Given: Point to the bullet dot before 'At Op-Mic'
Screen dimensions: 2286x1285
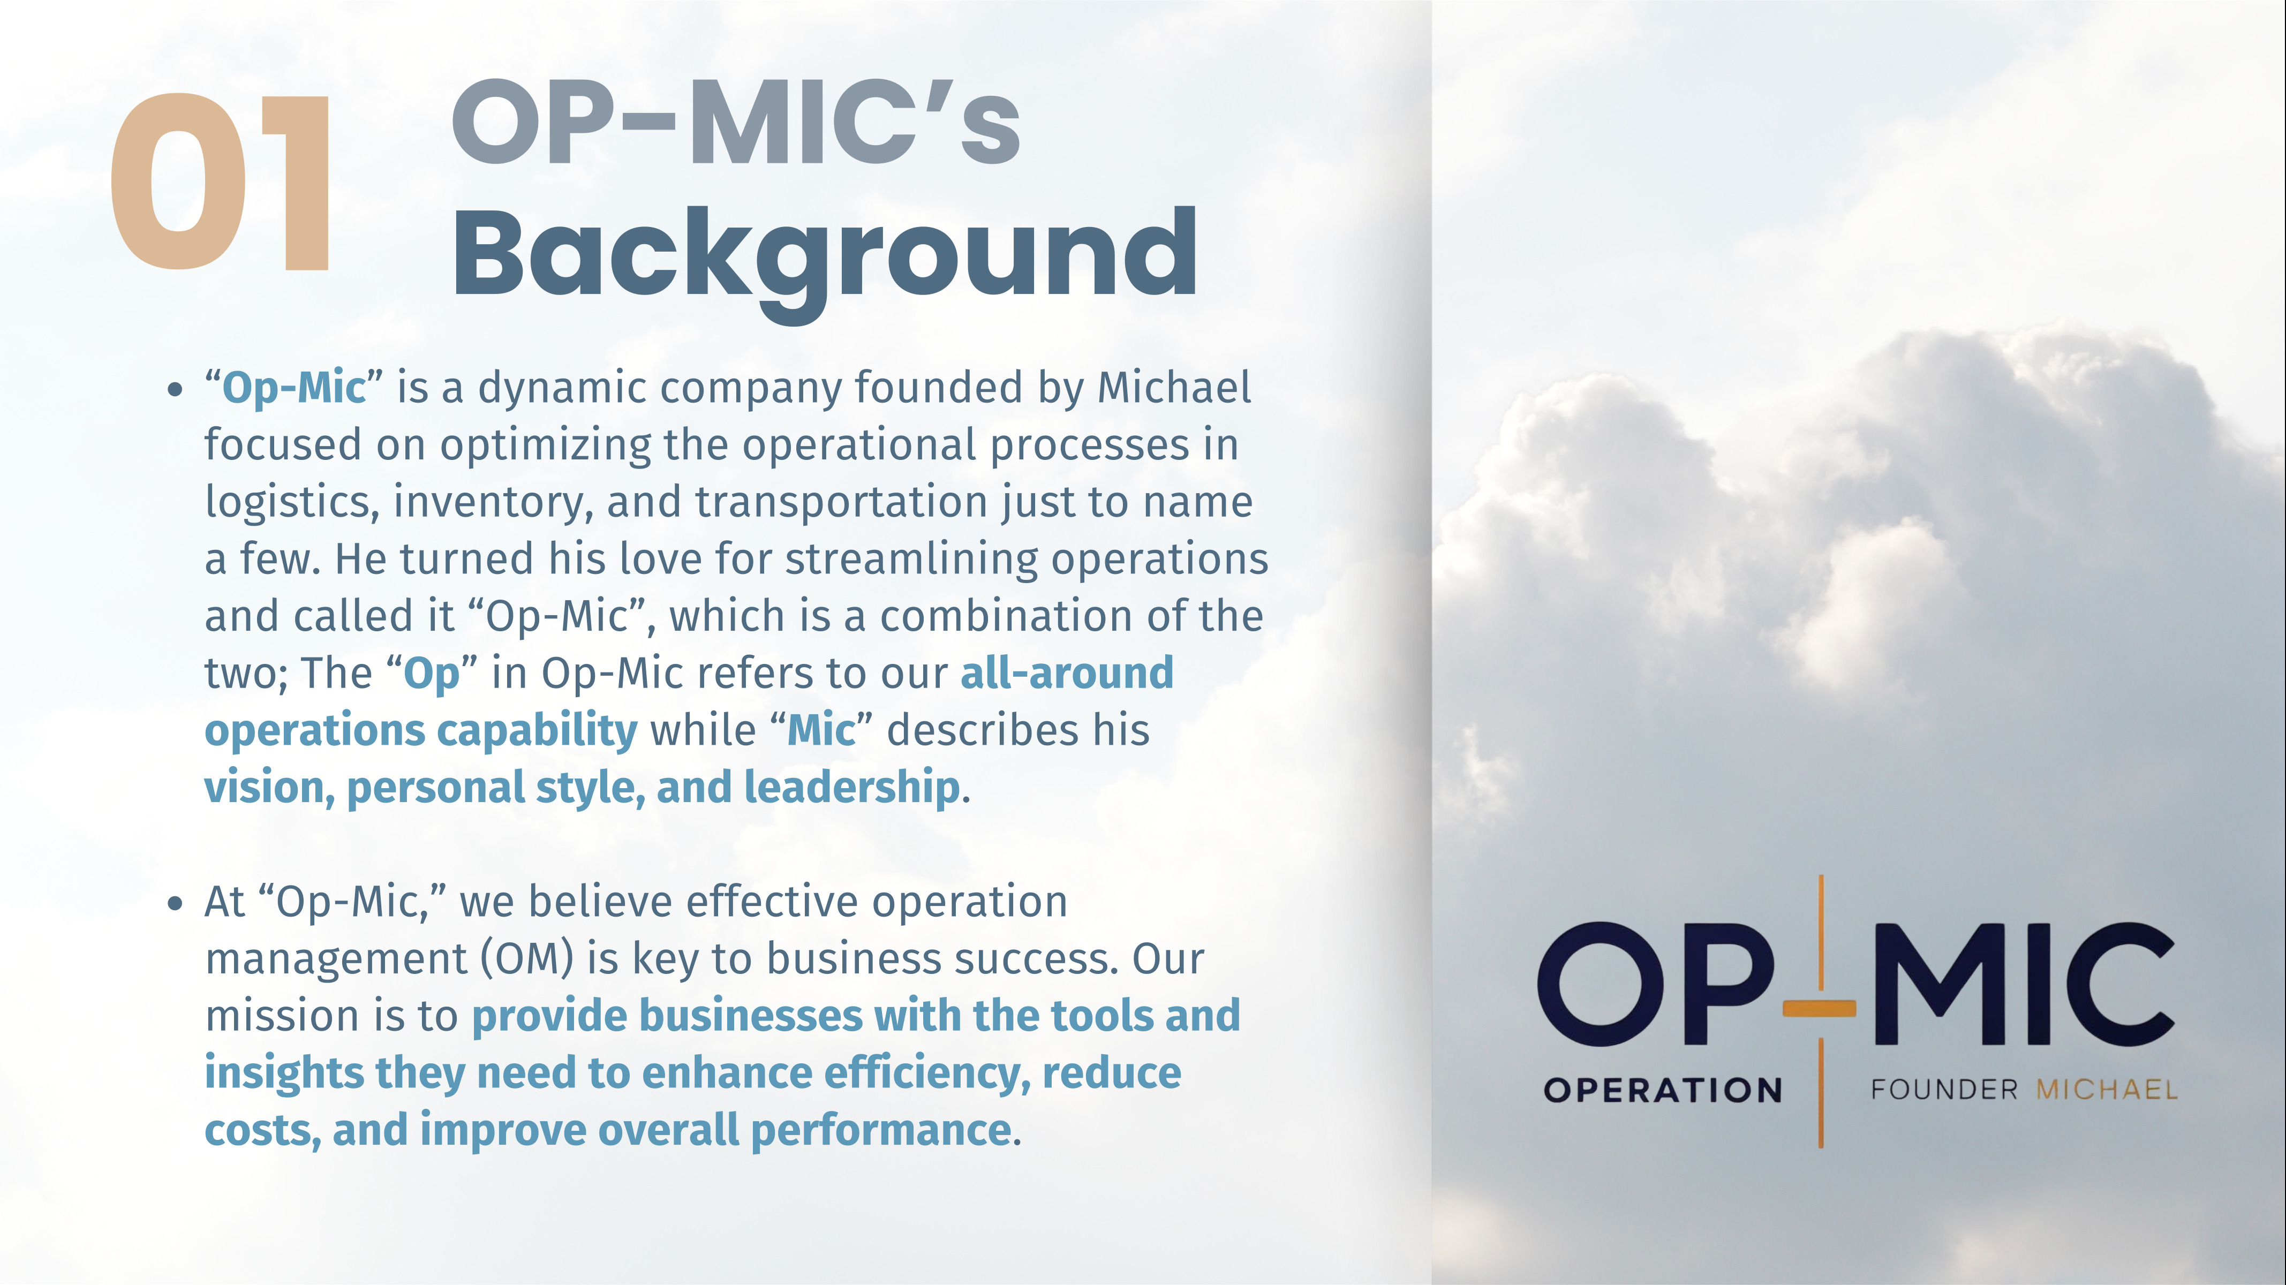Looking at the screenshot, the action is click(175, 903).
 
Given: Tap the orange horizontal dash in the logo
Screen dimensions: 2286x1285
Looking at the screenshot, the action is click(1819, 1008).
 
